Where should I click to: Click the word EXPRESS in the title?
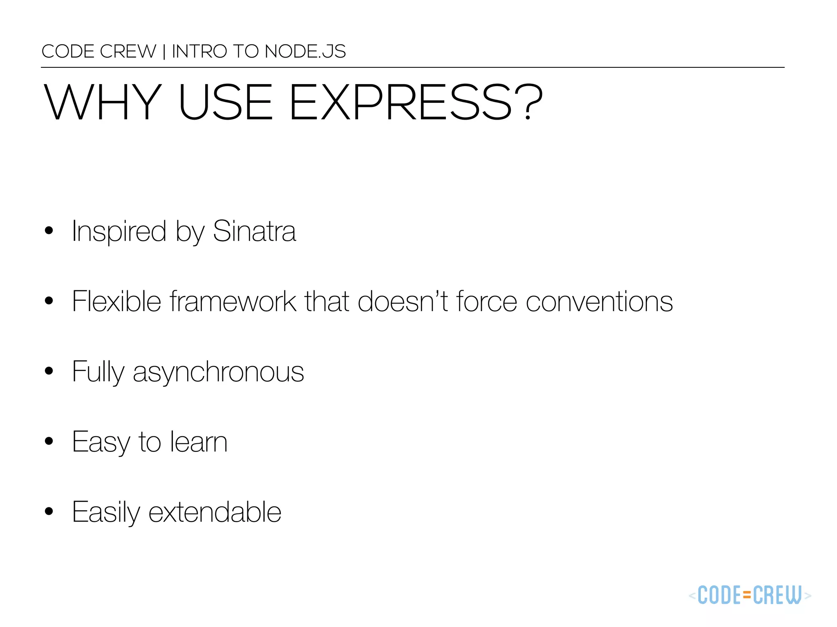pos(401,102)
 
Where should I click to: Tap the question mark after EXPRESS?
pos(528,102)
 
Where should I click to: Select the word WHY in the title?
pos(103,102)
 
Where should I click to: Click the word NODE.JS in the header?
pos(305,51)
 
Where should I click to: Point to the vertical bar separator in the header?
pos(164,52)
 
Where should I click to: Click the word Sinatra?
pos(254,231)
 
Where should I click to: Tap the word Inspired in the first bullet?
pos(119,232)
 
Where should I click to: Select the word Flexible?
pos(116,301)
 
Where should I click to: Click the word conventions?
pos(599,302)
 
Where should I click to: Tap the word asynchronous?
pos(218,372)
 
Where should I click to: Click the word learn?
pos(199,442)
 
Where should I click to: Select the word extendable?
pos(215,512)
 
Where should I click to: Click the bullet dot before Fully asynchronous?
pos(49,371)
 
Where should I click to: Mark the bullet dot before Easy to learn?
pos(49,441)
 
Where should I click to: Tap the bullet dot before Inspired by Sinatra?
pos(49,231)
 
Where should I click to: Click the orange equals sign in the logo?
pos(747,596)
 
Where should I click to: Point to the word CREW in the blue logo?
pos(777,596)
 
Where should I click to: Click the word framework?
pos(233,301)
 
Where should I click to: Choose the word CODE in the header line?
pos(68,51)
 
